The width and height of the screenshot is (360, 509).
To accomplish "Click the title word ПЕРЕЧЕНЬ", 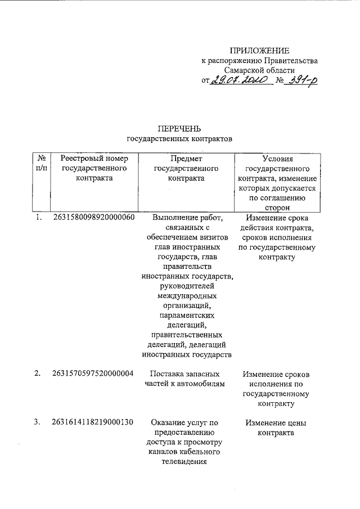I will click(x=179, y=128).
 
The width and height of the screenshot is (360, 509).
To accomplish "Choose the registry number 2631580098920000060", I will click(x=93, y=218).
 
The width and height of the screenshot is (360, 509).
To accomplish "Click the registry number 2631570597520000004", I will click(x=93, y=373).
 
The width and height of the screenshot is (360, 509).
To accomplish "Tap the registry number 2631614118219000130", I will click(x=93, y=422).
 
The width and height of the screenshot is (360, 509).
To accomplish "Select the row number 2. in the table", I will click(x=38, y=373).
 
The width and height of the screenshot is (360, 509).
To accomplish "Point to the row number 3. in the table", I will click(x=38, y=422).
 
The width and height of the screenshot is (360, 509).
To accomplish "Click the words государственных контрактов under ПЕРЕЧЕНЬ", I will click(x=179, y=138).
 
